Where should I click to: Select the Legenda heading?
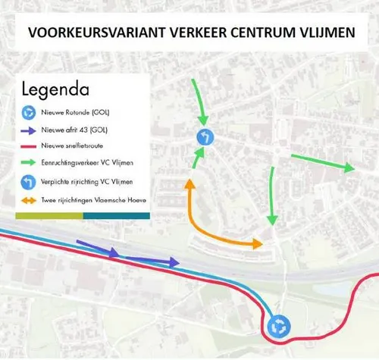coord(55,89)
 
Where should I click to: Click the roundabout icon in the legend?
coord(28,112)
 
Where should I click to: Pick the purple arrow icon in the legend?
coord(28,130)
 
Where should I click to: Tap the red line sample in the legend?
coord(28,146)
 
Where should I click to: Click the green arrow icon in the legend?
coord(28,163)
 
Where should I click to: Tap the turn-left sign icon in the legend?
coord(28,182)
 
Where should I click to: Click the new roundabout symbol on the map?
coord(278,327)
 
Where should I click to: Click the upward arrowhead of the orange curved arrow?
coord(189,184)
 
